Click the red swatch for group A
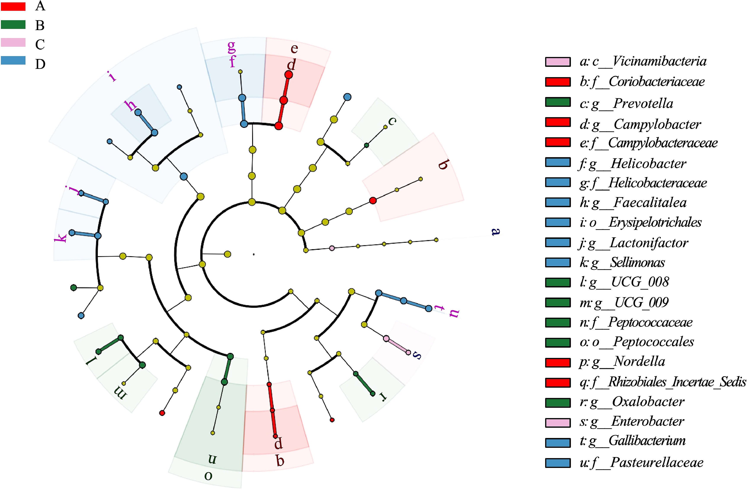tap(13, 6)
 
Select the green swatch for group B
tap(13, 24)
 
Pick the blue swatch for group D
tap(13, 60)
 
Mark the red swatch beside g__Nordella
tap(558, 362)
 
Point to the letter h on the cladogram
tap(130, 106)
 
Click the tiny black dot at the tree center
tap(254, 254)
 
